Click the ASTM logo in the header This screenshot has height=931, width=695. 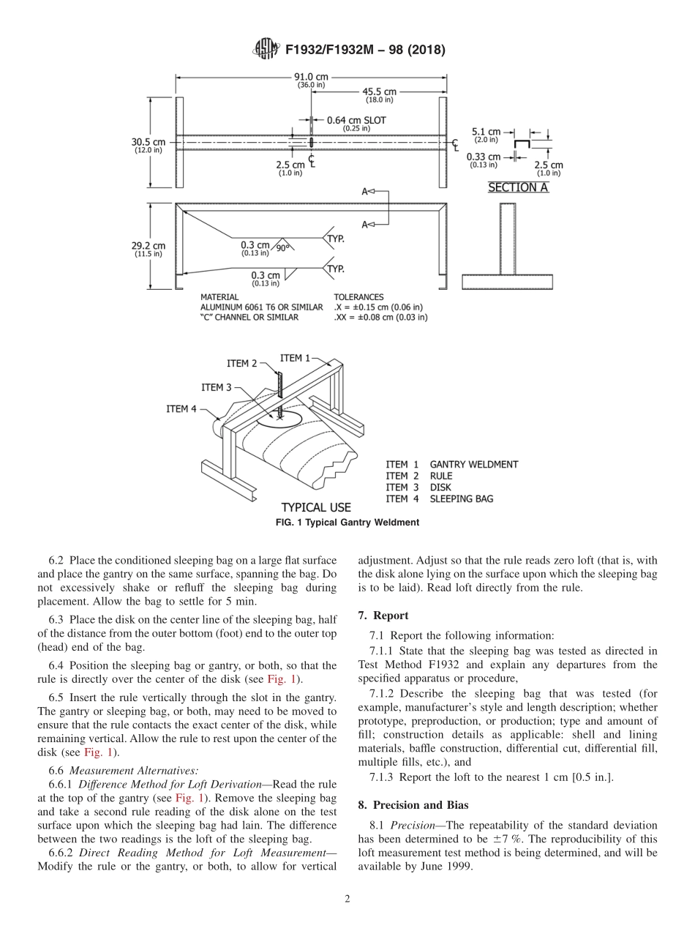(265, 50)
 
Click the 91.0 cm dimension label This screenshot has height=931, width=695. (311, 77)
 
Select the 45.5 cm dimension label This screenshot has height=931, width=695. (379, 92)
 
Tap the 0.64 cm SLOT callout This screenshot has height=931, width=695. (356, 120)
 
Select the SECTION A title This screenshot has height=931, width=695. (518, 187)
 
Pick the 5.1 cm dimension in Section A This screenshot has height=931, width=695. (486, 132)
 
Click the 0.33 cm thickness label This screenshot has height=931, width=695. (484, 157)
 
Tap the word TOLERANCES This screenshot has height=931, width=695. (358, 297)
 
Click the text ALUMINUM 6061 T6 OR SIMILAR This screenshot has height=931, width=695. (261, 307)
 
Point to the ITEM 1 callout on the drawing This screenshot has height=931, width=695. (295, 358)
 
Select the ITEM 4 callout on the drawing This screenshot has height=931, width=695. (181, 409)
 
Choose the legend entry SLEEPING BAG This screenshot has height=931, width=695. (461, 499)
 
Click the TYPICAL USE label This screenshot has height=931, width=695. (316, 507)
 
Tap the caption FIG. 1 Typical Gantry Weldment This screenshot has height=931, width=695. (347, 523)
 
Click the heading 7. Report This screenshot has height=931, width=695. (383, 616)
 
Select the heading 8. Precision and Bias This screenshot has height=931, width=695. (413, 805)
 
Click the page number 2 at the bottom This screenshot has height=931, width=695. (347, 900)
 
